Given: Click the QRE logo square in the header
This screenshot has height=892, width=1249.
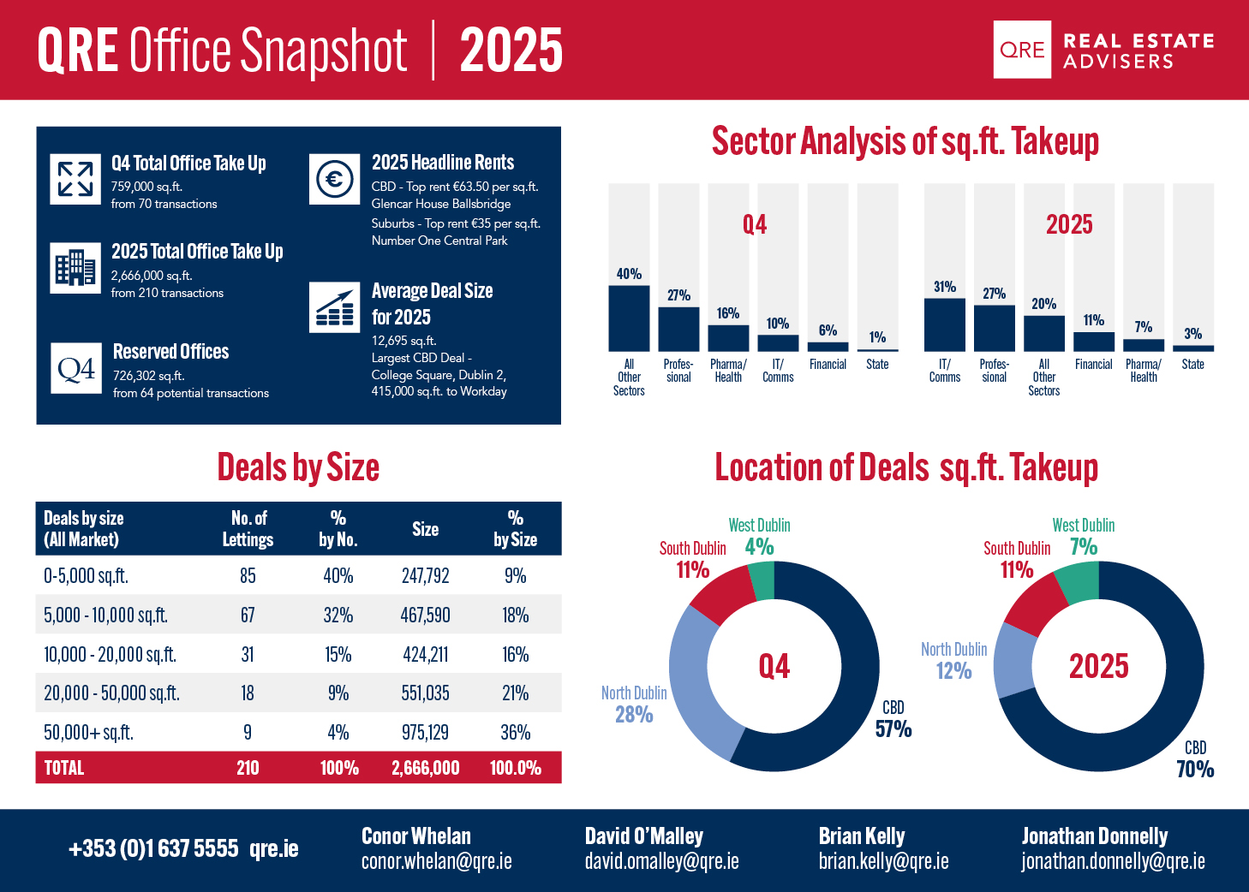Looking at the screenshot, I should (x=1022, y=50).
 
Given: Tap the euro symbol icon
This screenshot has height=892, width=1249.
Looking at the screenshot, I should (x=334, y=179).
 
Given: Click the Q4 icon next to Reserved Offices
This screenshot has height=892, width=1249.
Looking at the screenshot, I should (x=76, y=368).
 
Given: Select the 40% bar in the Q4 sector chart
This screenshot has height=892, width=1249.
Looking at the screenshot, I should (x=629, y=318).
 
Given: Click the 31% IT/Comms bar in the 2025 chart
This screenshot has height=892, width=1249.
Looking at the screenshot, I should (x=945, y=324).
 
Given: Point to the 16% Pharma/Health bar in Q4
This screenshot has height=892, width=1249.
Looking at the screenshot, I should (x=728, y=337).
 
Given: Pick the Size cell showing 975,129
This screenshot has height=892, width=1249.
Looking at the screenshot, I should (x=426, y=733).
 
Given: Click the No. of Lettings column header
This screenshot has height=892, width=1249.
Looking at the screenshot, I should (x=248, y=529).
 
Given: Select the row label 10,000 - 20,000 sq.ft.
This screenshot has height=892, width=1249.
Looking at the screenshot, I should (x=110, y=655).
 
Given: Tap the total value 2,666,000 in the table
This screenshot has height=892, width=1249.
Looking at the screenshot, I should (x=426, y=768).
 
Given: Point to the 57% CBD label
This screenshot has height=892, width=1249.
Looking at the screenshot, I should (x=893, y=729).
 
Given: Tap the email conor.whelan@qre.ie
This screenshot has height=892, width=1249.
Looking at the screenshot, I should (x=436, y=861).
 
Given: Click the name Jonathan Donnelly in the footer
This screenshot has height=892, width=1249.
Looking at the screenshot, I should (x=1095, y=836).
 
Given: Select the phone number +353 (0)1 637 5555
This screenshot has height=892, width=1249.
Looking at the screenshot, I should (x=153, y=848).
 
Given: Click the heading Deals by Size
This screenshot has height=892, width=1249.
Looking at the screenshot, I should (x=298, y=468).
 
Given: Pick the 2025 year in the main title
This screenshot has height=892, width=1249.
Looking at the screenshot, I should (x=511, y=51).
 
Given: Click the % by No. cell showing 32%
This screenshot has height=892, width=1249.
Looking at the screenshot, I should (x=338, y=615).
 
